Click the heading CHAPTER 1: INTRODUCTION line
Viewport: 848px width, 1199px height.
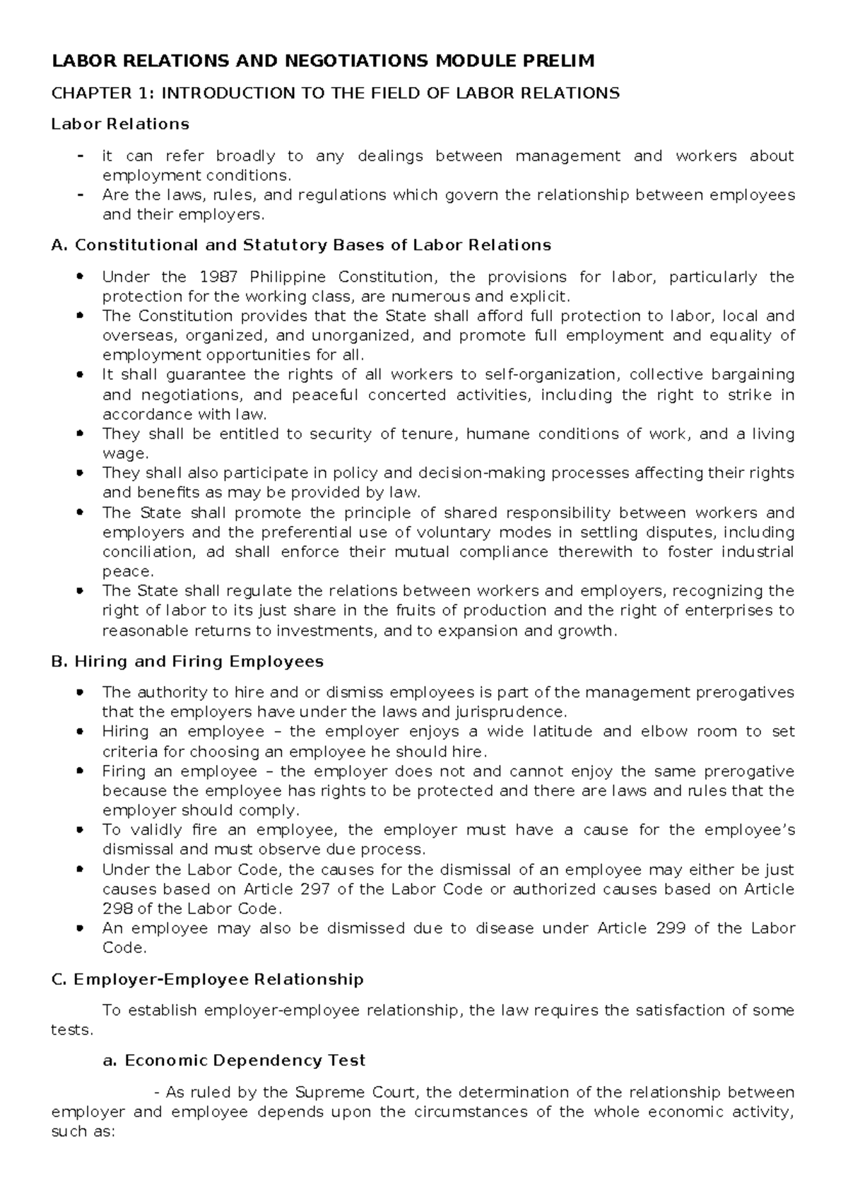pyautogui.click(x=336, y=93)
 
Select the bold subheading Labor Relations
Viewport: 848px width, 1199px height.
pyautogui.click(x=120, y=124)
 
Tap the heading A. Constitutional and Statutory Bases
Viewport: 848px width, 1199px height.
pyautogui.click(x=301, y=245)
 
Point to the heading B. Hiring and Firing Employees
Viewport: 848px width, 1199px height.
pyautogui.click(x=187, y=662)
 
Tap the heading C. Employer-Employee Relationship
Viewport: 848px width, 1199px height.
pyautogui.click(x=208, y=980)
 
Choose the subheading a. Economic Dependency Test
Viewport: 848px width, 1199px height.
pyautogui.click(x=234, y=1060)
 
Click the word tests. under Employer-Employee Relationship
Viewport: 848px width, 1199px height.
pyautogui.click(x=72, y=1030)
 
